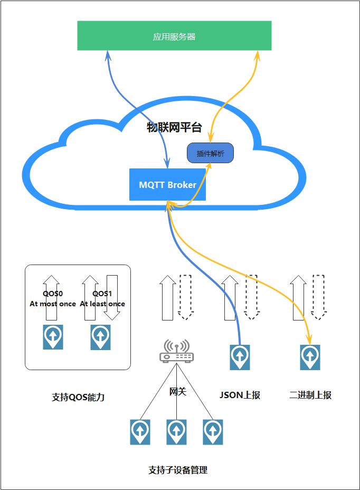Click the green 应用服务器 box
click(x=174, y=36)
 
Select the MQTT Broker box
click(x=167, y=185)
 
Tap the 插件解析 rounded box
click(x=210, y=154)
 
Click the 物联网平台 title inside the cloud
click(x=174, y=127)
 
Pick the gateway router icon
click(x=176, y=352)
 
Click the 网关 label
click(x=177, y=391)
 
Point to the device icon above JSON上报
click(x=240, y=357)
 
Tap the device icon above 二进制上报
click(x=310, y=357)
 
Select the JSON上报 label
click(x=240, y=395)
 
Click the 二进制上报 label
click(x=310, y=395)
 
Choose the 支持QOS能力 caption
click(x=78, y=397)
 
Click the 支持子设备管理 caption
click(x=178, y=470)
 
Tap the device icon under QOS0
click(x=53, y=337)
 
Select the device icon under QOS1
click(x=100, y=337)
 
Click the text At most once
click(x=53, y=304)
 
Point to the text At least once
click(x=102, y=304)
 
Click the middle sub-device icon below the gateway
click(x=176, y=432)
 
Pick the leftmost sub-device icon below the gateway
click(x=140, y=432)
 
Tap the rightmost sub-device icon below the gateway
click(x=213, y=432)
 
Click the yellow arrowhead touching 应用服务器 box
click(x=258, y=54)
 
